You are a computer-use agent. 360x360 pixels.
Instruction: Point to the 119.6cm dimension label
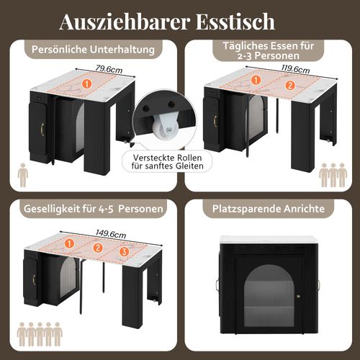[x=274, y=70]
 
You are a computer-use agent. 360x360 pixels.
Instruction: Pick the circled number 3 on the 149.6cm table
[x=124, y=251]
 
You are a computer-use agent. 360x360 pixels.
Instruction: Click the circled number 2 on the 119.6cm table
[x=290, y=86]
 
